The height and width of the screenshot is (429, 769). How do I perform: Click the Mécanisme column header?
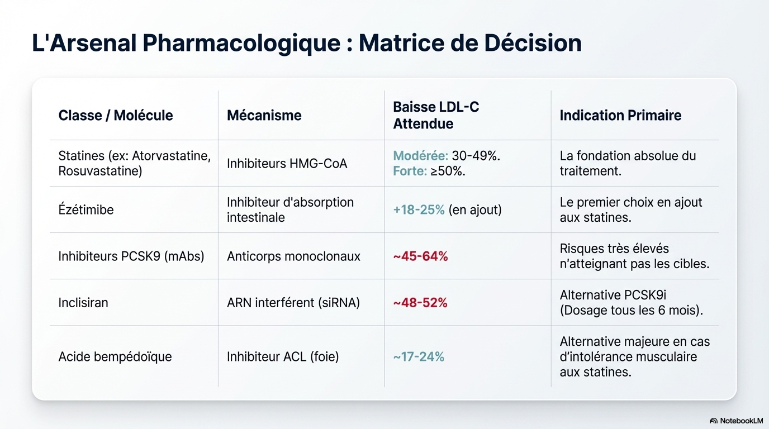[x=264, y=116]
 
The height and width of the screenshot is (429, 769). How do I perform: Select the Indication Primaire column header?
[x=620, y=116]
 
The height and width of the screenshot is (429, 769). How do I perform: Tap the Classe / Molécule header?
[x=116, y=116]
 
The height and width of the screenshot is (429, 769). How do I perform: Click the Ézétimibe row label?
[x=86, y=210]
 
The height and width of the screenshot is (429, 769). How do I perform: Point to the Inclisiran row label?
[x=83, y=303]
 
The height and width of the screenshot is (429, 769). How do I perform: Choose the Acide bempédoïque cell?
[x=115, y=356]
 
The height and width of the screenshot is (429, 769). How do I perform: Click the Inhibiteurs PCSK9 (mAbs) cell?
[x=131, y=256]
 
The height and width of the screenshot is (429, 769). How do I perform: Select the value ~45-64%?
[x=420, y=256]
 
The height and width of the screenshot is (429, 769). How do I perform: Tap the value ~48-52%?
[x=420, y=303]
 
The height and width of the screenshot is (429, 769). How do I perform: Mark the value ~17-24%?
[x=419, y=356]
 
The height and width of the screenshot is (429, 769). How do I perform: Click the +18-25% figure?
[x=419, y=210]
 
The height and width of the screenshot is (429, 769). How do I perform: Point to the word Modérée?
[x=420, y=156]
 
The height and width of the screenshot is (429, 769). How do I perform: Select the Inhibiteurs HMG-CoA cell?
[x=287, y=164]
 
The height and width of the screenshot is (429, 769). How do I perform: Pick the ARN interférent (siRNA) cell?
[x=293, y=303]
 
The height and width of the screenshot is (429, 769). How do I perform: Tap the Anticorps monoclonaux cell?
[x=293, y=256]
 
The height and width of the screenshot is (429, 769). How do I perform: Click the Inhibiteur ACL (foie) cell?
[x=283, y=356]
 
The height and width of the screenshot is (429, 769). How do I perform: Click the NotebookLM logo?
[x=736, y=421]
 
